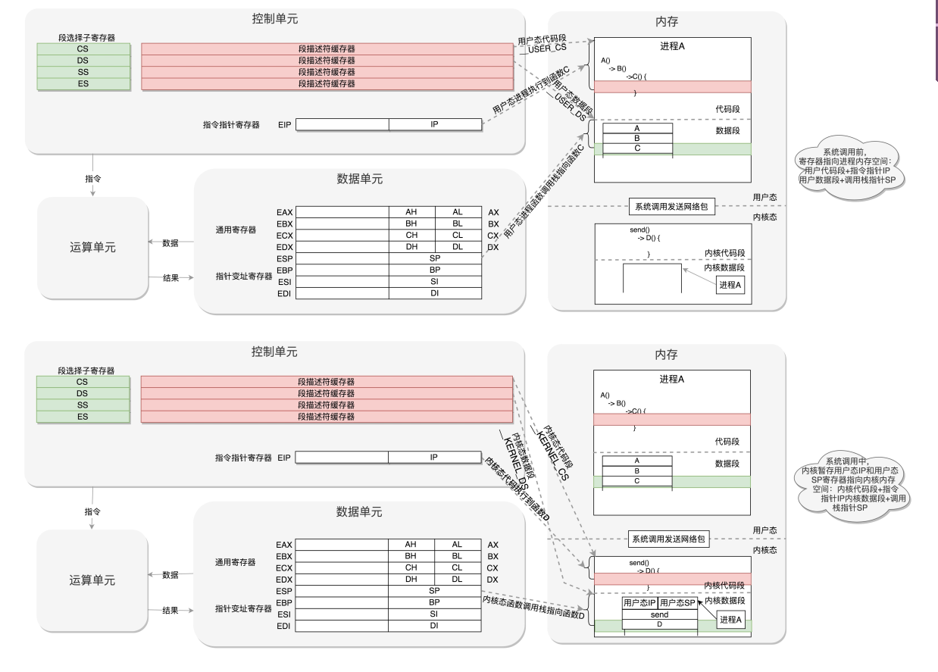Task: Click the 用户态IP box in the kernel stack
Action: point(639,602)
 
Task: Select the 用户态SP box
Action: point(677,602)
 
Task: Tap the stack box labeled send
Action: point(659,614)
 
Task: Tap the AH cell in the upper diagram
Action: point(411,212)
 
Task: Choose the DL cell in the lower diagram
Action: point(457,580)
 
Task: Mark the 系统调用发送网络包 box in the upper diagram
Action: point(671,207)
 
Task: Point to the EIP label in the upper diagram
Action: point(284,124)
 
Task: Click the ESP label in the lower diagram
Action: point(284,591)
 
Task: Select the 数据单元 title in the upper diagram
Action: point(359,180)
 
